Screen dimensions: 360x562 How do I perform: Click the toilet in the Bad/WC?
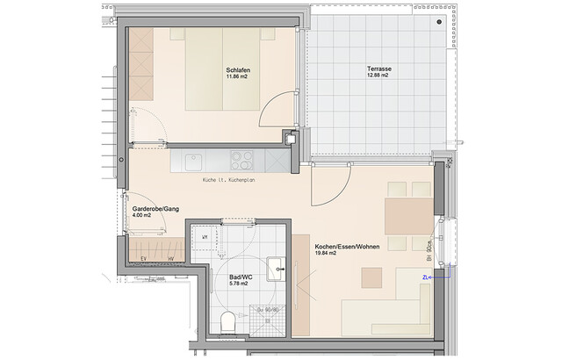tap(228, 321)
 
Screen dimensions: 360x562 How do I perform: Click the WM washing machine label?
tap(204, 238)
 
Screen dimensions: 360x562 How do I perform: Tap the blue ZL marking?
tap(426, 277)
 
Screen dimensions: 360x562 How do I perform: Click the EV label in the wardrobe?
tap(144, 257)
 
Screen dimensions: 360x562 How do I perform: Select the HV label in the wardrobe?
tap(170, 257)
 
